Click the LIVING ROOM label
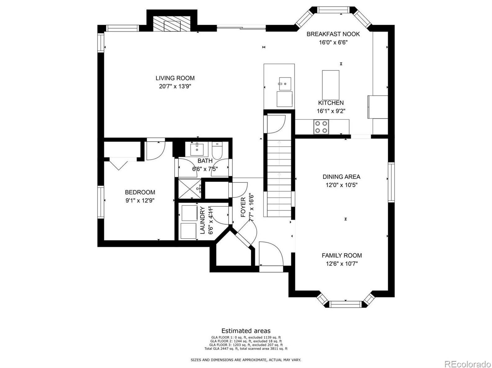click(175, 78)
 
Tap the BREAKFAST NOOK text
click(333, 34)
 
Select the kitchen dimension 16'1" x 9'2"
click(331, 111)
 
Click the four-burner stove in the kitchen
click(321, 127)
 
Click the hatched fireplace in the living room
click(172, 24)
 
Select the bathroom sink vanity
click(197, 149)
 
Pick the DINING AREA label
click(341, 177)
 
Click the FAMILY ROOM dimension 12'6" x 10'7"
click(342, 264)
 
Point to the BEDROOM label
click(140, 192)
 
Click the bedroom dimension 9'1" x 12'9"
click(140, 200)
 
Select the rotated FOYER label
click(243, 207)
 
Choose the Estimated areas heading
click(246, 331)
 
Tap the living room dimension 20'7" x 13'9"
click(175, 86)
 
